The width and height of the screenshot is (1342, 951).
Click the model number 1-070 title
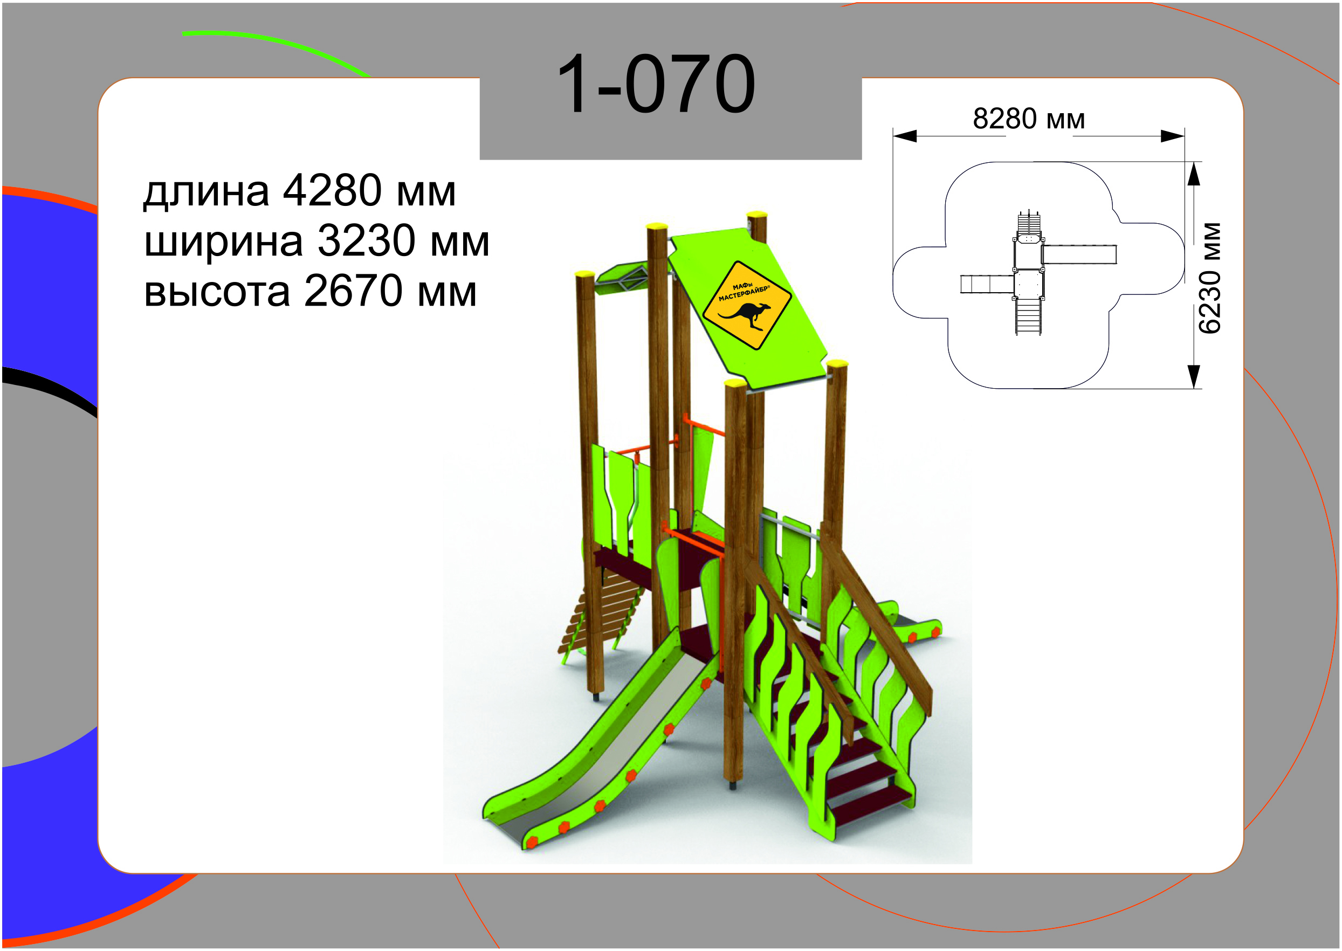[656, 84]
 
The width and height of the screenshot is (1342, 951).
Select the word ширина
[224, 242]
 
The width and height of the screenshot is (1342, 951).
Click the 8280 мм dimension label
[1029, 119]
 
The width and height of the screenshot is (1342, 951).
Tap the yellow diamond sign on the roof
[747, 306]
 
